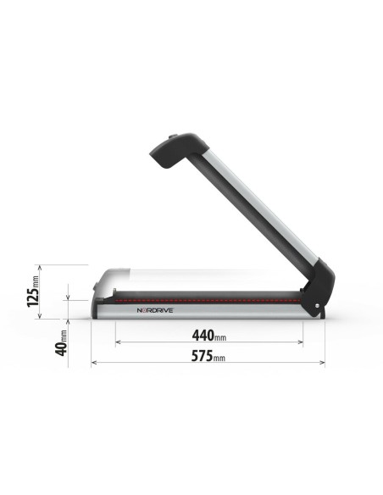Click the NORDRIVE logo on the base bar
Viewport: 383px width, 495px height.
click(154, 310)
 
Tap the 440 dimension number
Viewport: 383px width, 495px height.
click(200, 335)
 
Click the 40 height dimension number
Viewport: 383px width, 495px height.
click(60, 347)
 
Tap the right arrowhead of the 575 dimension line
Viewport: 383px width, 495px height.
click(322, 363)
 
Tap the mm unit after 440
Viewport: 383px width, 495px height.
click(219, 337)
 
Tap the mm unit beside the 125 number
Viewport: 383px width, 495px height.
click(35, 275)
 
